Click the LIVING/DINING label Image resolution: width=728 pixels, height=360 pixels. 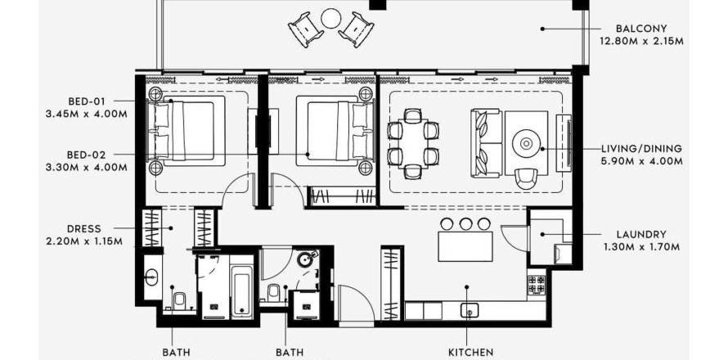point(642,149)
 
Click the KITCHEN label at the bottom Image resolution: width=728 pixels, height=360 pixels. point(467,353)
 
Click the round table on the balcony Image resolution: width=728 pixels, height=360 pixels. point(330,17)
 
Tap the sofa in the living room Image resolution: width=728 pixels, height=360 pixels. point(485,142)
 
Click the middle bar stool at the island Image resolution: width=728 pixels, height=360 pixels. point(465,223)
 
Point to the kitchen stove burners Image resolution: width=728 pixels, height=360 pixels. point(537,284)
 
